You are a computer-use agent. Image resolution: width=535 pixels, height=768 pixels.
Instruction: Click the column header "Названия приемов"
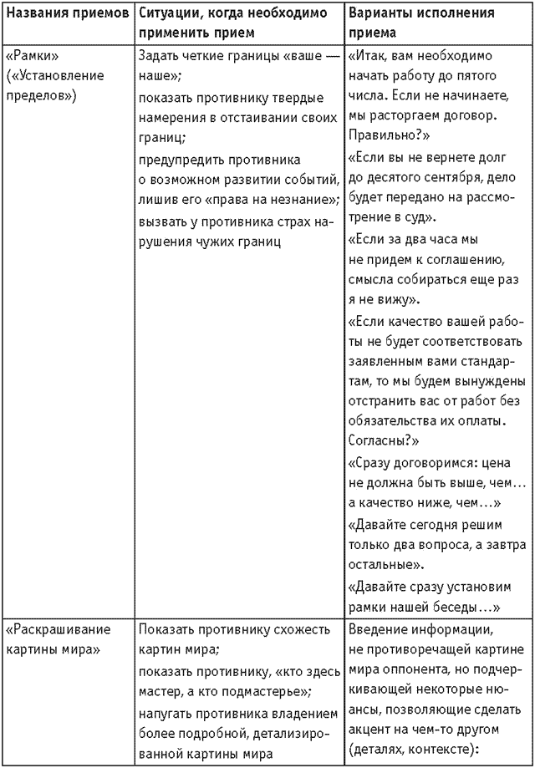pos(66,14)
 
